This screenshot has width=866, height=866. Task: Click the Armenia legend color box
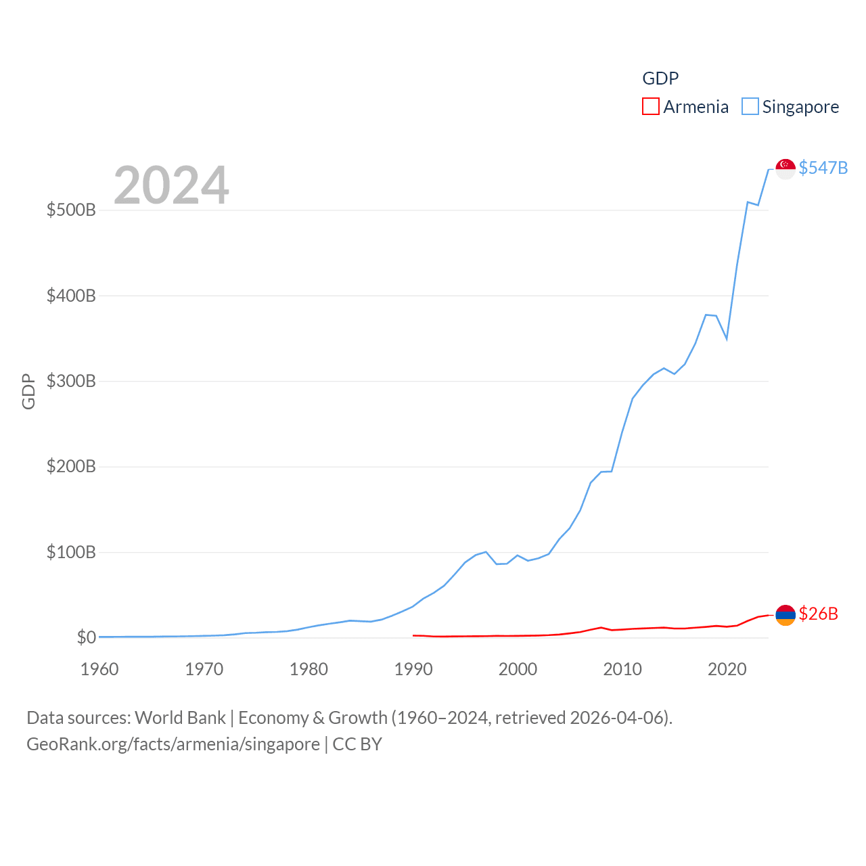point(650,107)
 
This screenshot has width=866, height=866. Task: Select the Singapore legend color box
point(750,107)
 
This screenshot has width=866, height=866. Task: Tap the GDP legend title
point(660,78)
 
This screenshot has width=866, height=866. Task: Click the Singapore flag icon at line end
point(785,168)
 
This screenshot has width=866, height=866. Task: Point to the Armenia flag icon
point(785,614)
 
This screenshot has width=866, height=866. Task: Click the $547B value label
point(823,168)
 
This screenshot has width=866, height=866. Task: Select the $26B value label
point(818,614)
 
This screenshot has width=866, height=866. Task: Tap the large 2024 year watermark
point(171,185)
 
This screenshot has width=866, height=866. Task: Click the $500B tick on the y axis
point(71,210)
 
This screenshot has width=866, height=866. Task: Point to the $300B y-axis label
point(71,381)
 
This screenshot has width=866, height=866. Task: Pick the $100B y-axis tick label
point(71,552)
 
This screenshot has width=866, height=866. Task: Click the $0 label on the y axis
point(86,637)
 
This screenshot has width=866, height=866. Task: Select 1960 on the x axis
point(99,669)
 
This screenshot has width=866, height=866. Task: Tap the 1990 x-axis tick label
point(413,669)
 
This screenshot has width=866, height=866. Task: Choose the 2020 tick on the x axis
point(727,669)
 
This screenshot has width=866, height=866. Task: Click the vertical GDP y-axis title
point(28,391)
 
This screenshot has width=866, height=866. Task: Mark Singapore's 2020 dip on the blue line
point(727,338)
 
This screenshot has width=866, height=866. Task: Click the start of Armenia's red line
point(413,635)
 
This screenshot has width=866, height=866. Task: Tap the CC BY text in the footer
point(357,744)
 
